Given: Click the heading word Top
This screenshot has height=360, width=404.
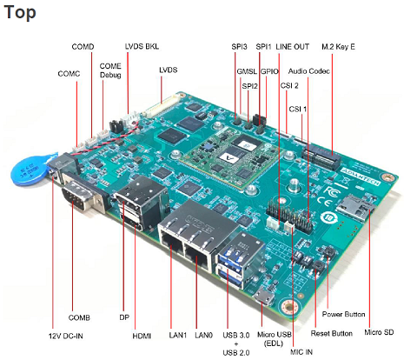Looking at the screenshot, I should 22,16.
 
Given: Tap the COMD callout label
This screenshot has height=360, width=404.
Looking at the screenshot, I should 83,45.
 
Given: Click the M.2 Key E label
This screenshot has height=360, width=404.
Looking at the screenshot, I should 338,45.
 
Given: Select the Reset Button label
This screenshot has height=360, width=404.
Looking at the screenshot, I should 331,332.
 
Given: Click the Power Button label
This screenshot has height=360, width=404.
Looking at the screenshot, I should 344,314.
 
